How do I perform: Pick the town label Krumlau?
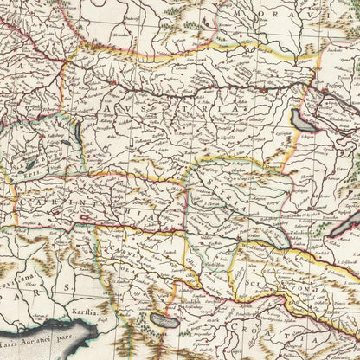(102, 48)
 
